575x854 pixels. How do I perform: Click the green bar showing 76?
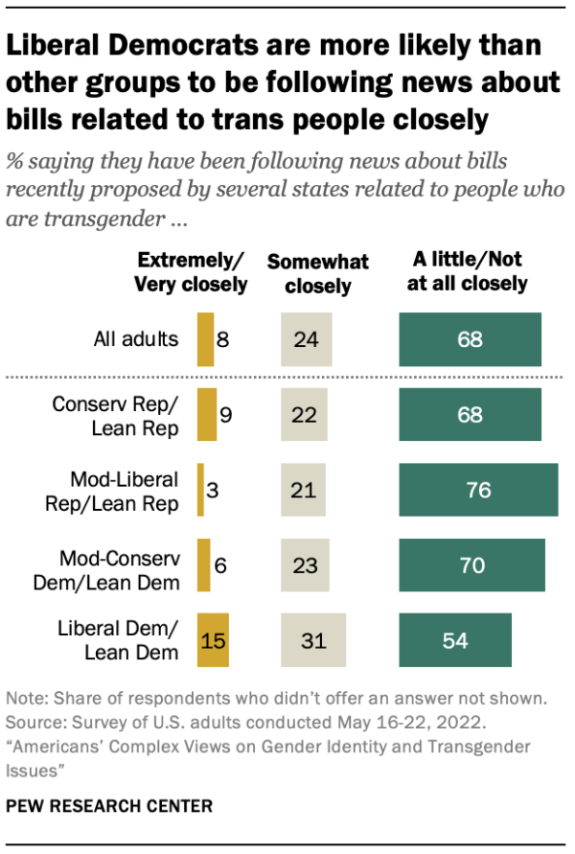click(478, 490)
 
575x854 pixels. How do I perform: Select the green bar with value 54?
click(455, 639)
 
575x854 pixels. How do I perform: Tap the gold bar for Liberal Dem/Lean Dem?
click(213, 639)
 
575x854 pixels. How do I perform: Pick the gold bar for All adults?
click(205, 339)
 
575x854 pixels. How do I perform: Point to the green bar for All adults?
click(470, 339)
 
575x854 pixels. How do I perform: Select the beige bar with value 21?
click(303, 490)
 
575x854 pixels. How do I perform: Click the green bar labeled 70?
click(471, 565)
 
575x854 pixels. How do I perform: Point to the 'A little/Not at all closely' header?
click(470, 271)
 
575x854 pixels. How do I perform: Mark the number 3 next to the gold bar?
click(216, 491)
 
